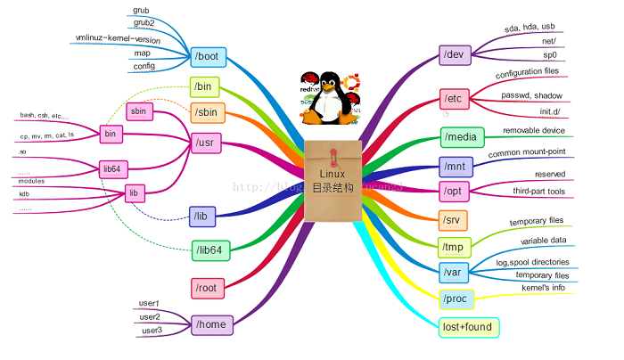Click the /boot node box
209,56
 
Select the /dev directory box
458,55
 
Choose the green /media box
463,137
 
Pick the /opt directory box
457,191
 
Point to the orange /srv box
455,219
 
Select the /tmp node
457,247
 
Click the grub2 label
143,23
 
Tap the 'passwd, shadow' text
530,95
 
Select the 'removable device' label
534,131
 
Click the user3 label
150,331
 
